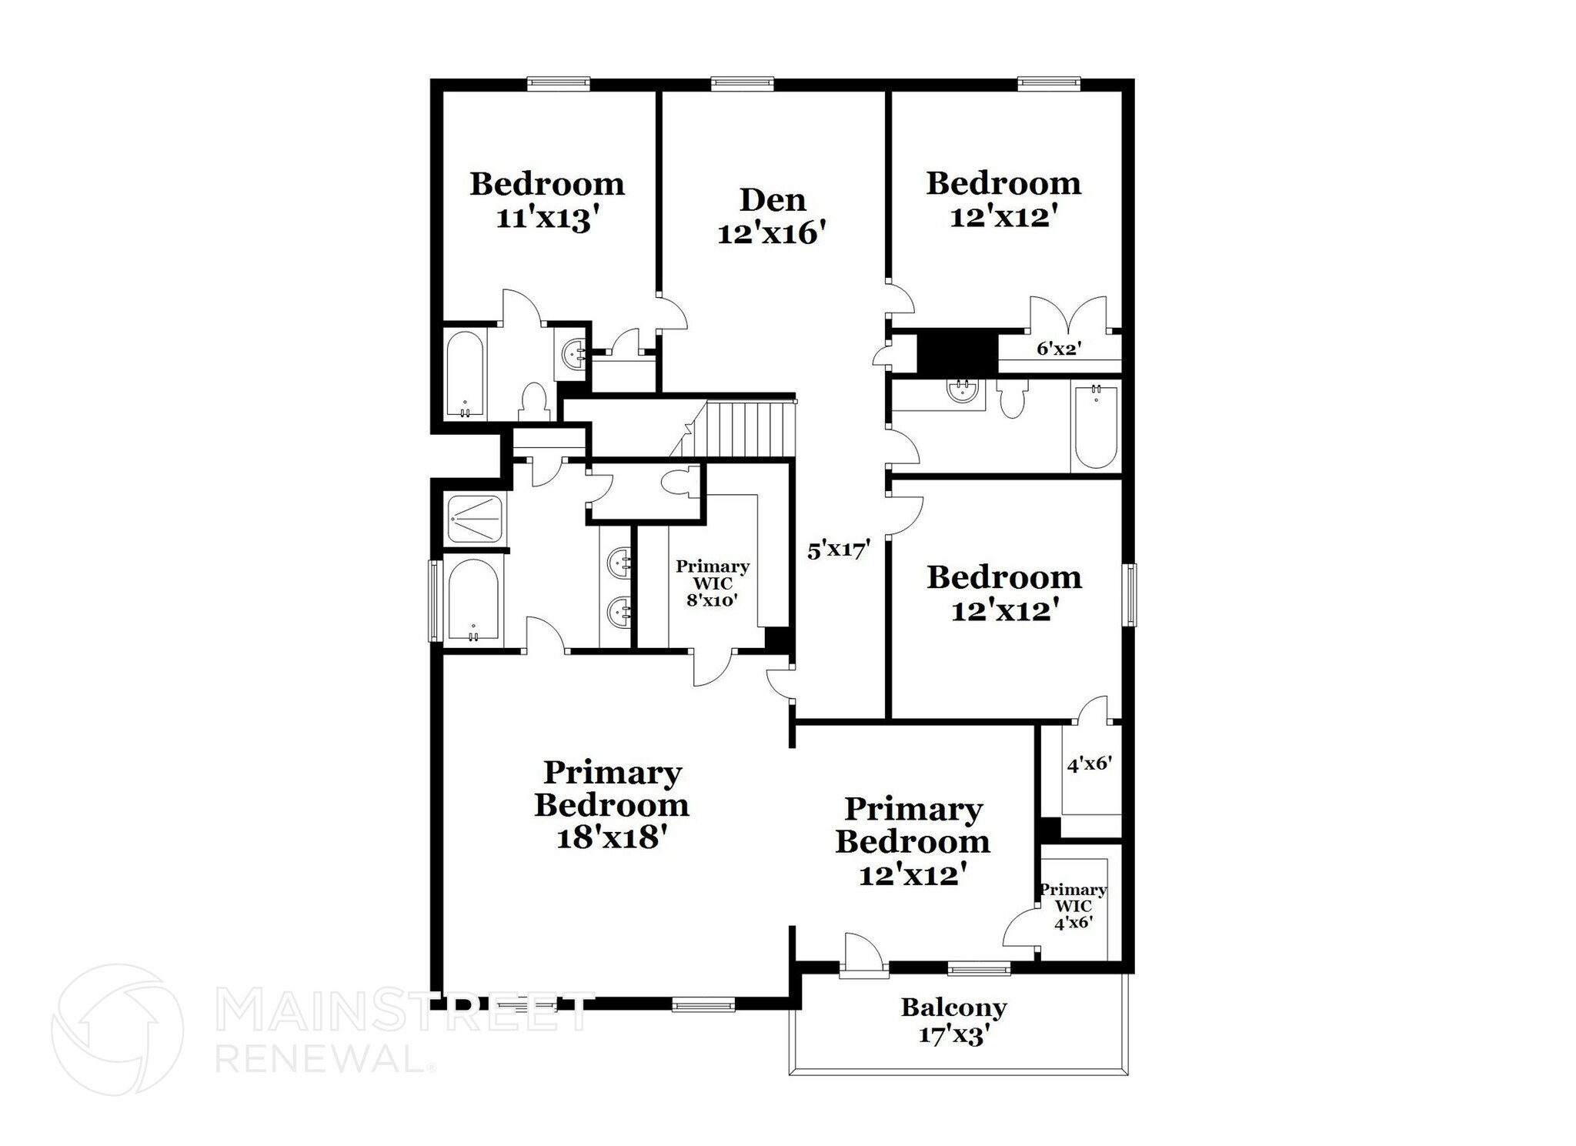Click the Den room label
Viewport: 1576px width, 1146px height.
coord(772,200)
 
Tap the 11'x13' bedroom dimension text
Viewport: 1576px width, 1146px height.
coord(546,219)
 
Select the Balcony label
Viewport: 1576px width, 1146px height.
coord(953,1007)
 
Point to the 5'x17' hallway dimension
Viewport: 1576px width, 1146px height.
coord(838,550)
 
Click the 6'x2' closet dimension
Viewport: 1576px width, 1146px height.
coord(1059,349)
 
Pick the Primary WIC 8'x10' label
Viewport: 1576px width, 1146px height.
coord(712,583)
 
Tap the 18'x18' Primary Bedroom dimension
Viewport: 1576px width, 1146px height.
coord(610,837)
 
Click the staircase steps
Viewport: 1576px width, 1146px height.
coord(750,429)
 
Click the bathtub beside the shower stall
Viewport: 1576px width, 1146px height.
coord(473,600)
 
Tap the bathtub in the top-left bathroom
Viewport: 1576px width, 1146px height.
coord(465,373)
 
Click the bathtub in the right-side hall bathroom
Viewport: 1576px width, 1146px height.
coord(1096,427)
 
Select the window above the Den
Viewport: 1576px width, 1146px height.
coord(742,82)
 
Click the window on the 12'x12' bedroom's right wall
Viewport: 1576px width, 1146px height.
coord(1130,594)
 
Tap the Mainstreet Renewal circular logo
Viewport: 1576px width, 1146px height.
coord(117,1029)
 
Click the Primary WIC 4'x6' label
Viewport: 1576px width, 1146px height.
coord(1073,906)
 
